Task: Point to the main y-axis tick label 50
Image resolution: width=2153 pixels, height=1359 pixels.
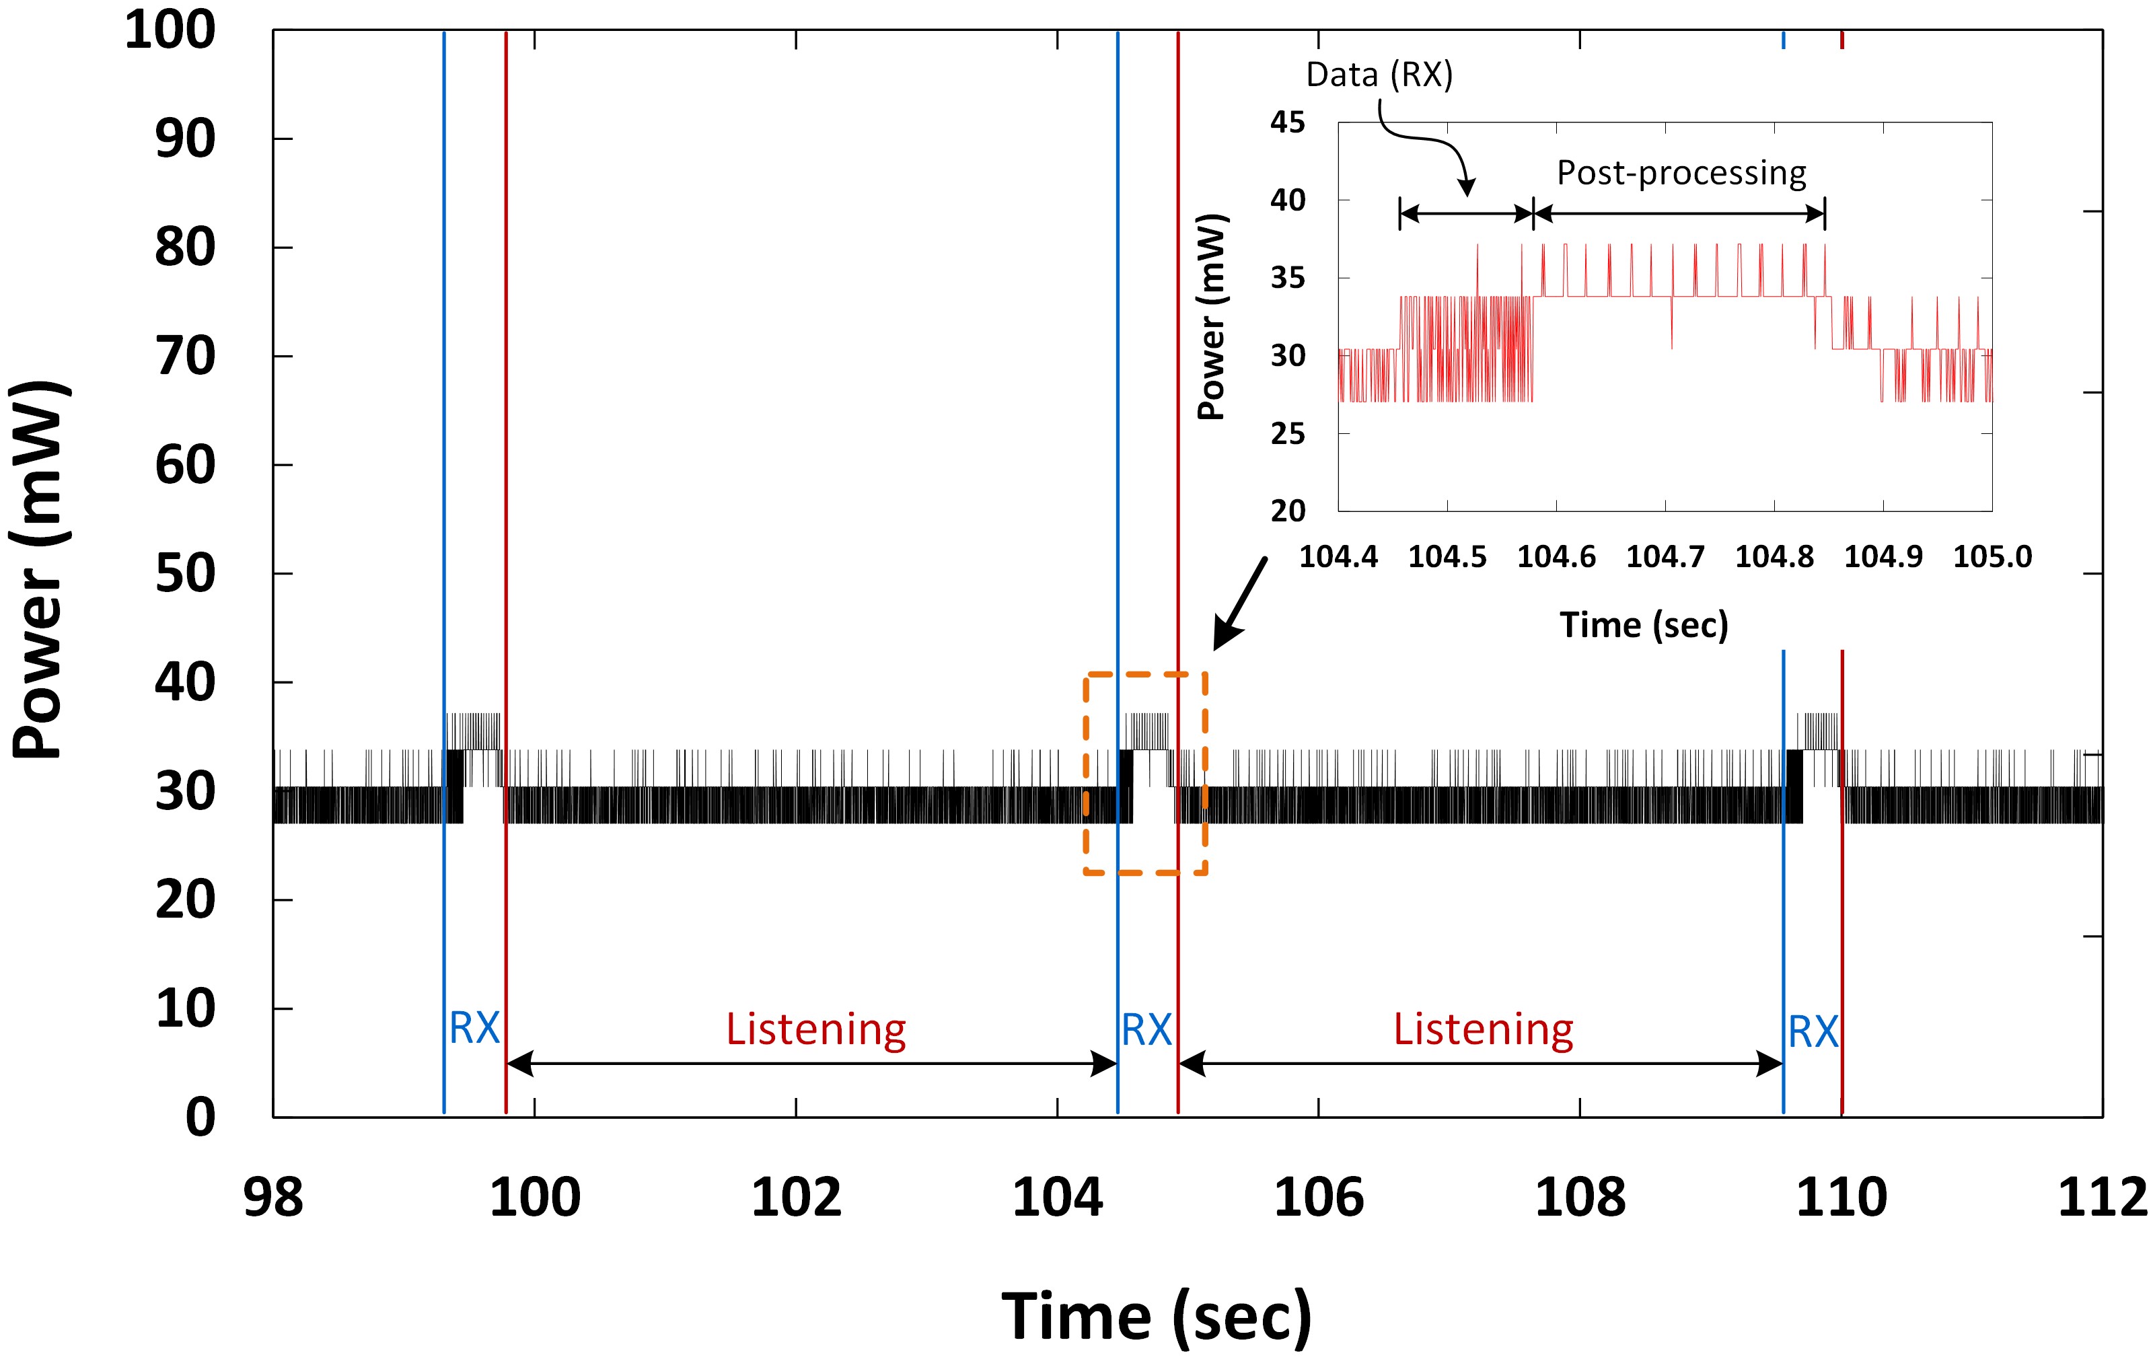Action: [x=185, y=574]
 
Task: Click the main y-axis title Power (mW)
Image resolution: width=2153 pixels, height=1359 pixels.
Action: [x=40, y=570]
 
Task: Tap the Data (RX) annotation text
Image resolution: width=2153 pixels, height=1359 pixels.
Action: [x=1379, y=75]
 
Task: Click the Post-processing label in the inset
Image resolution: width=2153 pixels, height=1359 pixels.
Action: [x=1681, y=172]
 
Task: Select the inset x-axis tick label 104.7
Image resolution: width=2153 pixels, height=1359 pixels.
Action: [x=1665, y=557]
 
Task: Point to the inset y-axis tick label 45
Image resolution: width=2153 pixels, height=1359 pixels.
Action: [x=1288, y=122]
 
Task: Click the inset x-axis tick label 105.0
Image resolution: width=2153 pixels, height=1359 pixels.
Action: [x=1992, y=557]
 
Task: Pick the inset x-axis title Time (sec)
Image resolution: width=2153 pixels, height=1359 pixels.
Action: [x=1644, y=625]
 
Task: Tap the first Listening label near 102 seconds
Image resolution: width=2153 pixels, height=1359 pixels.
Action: [x=815, y=1029]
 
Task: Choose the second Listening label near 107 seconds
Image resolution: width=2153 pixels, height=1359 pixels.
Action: [x=1484, y=1029]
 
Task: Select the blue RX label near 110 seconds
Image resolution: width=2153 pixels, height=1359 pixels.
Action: [x=1813, y=1033]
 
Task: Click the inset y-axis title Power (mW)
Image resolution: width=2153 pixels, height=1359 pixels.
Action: [x=1212, y=318]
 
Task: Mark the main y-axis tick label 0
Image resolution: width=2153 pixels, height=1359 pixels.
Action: [x=200, y=1117]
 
